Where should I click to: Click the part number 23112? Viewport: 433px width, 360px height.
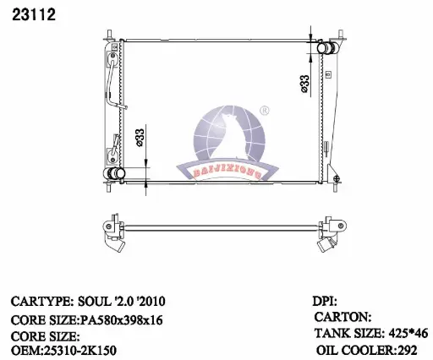[x=34, y=14]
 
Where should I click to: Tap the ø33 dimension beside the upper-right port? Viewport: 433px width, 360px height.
[x=304, y=84]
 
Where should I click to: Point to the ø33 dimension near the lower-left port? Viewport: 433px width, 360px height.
[x=140, y=138]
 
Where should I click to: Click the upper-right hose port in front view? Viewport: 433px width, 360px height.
[x=327, y=48]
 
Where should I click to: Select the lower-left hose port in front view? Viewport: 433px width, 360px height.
[x=114, y=173]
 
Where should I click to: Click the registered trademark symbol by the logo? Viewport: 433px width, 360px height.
[x=264, y=111]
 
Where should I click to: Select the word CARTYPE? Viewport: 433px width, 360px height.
[x=41, y=302]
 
